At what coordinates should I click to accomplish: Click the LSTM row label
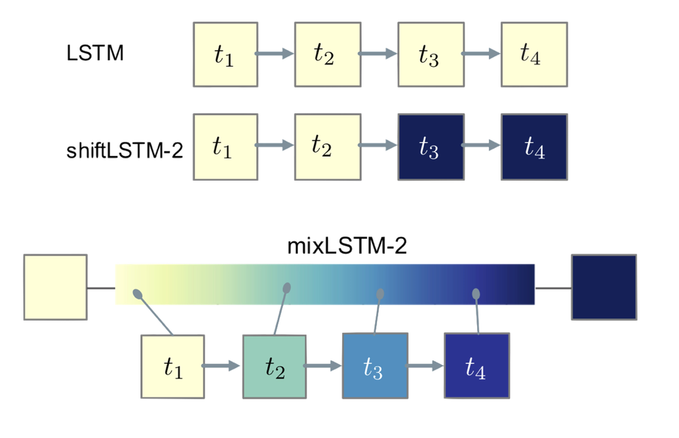[95, 54]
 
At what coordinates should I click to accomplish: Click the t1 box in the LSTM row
[225, 55]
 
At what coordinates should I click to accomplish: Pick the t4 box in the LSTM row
[534, 55]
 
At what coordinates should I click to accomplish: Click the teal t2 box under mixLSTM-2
[274, 367]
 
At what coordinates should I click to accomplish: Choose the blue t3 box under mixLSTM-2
[375, 367]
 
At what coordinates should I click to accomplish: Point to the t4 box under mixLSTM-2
[477, 367]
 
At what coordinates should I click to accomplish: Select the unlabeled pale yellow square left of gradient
[56, 288]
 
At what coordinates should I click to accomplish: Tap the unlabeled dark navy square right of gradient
[605, 288]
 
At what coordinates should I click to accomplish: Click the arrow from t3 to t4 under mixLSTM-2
[425, 366]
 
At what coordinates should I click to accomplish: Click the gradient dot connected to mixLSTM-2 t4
[476, 293]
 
